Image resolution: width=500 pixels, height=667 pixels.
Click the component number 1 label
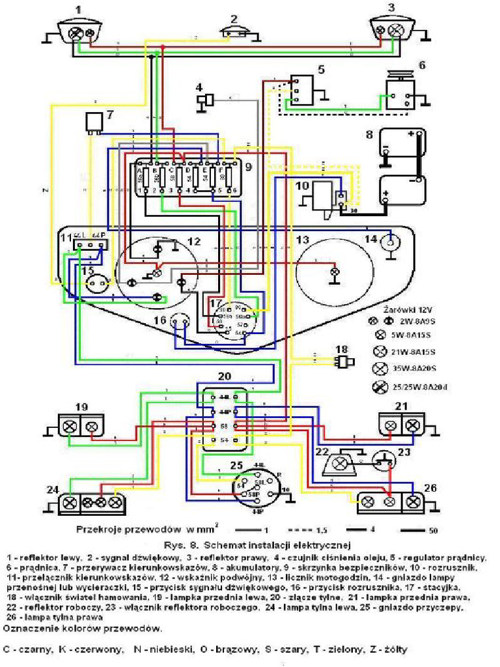78,9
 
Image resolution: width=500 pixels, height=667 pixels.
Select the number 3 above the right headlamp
391,8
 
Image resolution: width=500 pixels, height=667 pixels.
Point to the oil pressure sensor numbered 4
207,99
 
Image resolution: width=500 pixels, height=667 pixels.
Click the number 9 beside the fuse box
247,167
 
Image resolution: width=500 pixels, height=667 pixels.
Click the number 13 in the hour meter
303,240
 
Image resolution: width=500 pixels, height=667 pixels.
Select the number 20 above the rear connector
224,377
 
